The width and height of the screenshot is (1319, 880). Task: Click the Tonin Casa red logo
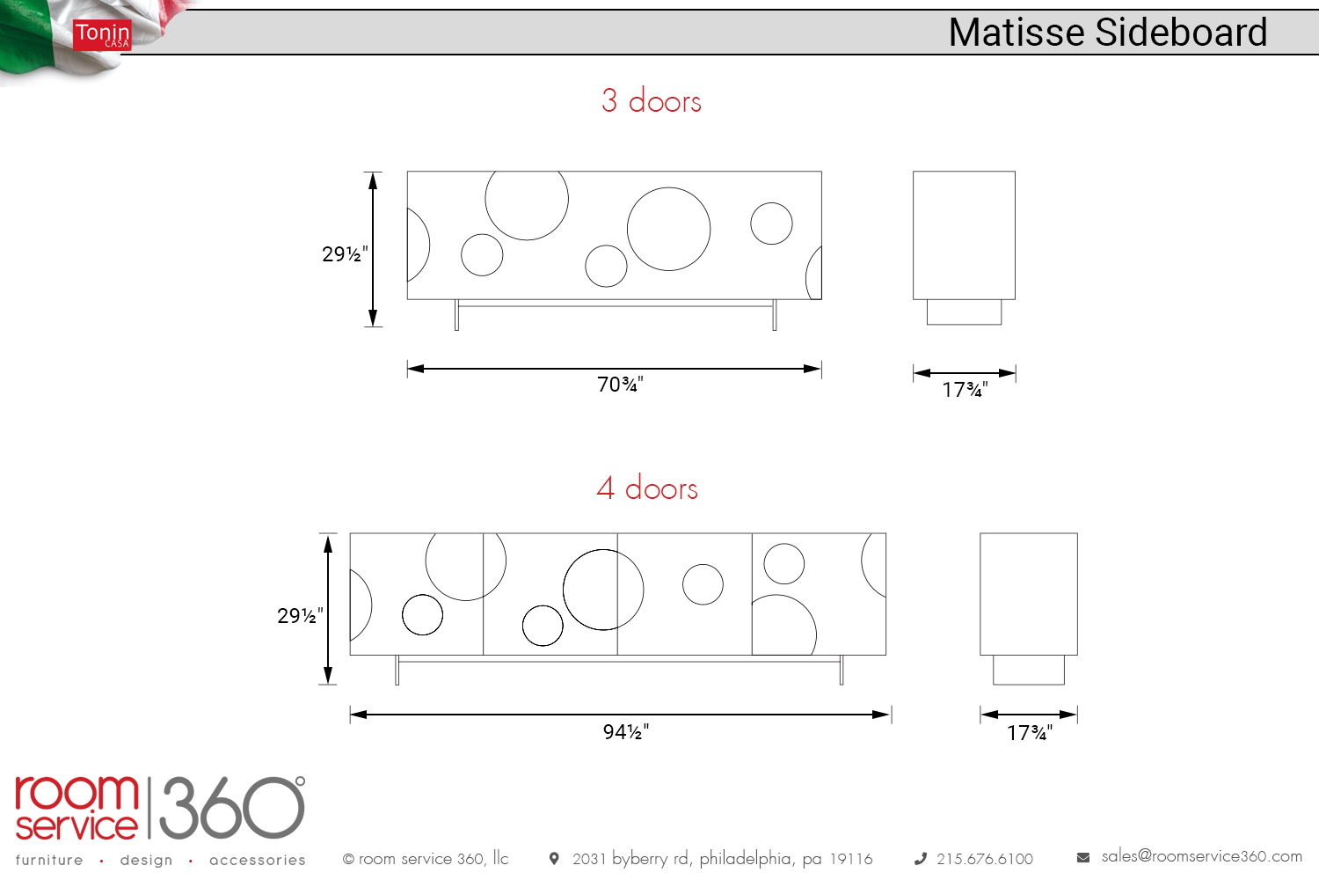click(x=102, y=35)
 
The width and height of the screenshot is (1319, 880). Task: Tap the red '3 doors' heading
click(x=652, y=100)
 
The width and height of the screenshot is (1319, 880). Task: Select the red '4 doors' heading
click(x=647, y=488)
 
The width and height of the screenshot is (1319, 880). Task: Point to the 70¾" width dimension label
click(x=620, y=385)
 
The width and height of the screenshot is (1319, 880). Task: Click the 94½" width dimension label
click(x=626, y=731)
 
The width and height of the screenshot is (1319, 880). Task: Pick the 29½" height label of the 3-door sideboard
click(x=345, y=254)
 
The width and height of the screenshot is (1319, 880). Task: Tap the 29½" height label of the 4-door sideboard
click(x=301, y=616)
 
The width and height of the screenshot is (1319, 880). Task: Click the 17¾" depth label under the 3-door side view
click(x=965, y=390)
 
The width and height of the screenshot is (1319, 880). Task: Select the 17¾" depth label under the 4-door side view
click(x=1030, y=733)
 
